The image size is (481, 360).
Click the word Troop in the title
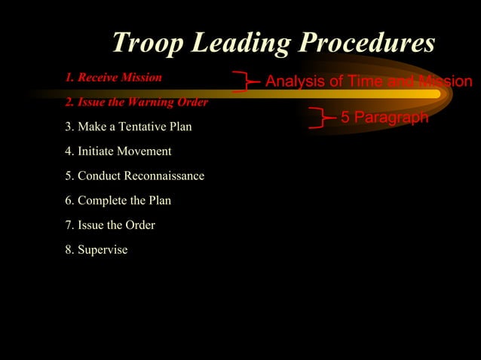pos(146,43)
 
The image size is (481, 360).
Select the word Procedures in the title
pos(367,43)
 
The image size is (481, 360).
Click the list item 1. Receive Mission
pos(113,78)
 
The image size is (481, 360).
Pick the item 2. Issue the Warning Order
pos(136,102)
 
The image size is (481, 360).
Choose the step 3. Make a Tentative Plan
pos(128,127)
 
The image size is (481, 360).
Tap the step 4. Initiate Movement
pos(118,151)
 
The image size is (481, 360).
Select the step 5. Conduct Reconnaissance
pos(134,176)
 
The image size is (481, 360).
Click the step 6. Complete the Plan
pos(118,200)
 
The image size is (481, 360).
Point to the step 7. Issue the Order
pos(110,225)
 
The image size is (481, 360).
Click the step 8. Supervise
pos(97,250)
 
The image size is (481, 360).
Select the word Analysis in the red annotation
pos(293,81)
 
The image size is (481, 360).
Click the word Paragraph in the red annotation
pos(395,117)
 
